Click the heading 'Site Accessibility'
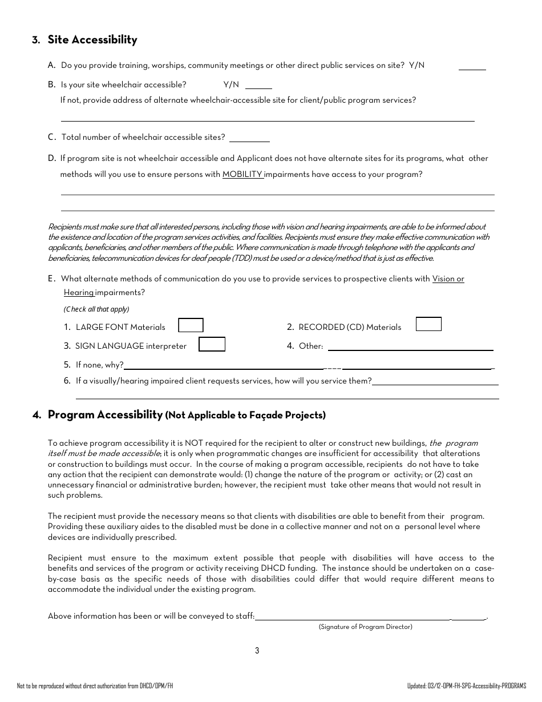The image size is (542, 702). pos(92,40)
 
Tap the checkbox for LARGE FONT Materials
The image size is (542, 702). pos(191,325)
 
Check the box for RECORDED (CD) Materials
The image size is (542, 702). pos(428,324)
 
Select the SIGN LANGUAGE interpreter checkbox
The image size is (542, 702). pos(212,344)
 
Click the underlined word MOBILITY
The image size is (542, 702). pos(242,175)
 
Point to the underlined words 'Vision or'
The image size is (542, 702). pos(448,279)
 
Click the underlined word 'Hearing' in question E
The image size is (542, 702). pos(79,293)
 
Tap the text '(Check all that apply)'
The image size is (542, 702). pos(96,309)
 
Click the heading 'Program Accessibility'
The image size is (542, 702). pos(105,415)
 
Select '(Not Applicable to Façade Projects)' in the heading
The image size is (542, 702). pos(245,415)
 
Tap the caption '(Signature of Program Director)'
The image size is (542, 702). pos(365,627)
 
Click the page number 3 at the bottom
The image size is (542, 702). pos(257,651)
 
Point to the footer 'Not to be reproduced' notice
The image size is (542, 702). pos(95,685)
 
